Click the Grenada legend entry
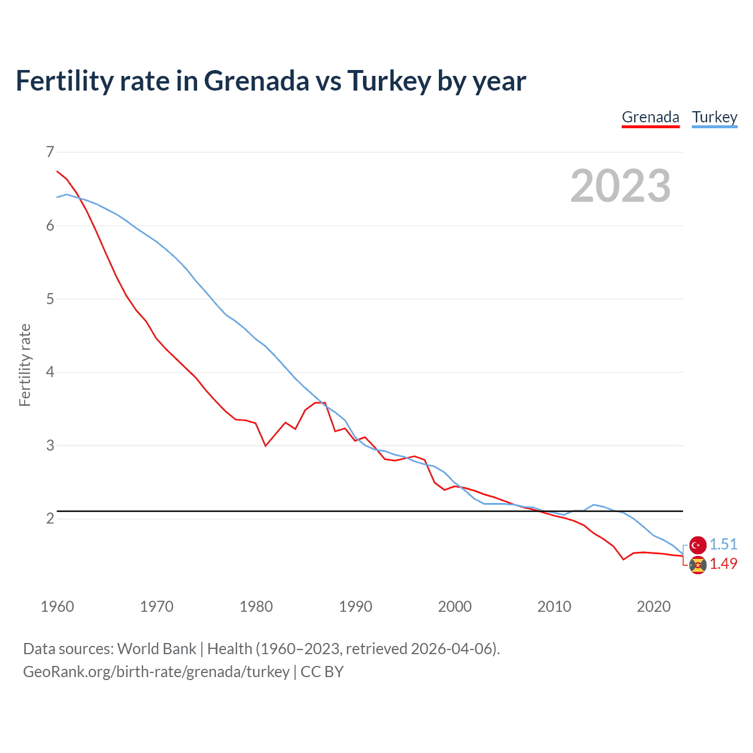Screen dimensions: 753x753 (650, 117)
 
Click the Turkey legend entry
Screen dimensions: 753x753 (714, 117)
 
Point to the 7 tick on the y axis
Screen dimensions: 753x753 (50, 152)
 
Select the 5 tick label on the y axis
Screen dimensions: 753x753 (50, 299)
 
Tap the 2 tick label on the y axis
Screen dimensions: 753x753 (50, 518)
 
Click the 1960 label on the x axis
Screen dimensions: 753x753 (57, 607)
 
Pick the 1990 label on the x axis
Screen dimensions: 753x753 (355, 607)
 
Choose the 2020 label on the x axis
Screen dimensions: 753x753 (654, 607)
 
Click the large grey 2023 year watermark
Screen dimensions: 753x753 (620, 186)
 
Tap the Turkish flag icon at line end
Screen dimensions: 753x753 (698, 545)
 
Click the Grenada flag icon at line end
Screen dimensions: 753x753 (698, 565)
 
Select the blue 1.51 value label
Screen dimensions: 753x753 (723, 544)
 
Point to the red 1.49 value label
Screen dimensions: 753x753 (723, 564)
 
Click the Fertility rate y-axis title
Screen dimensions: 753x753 (25, 365)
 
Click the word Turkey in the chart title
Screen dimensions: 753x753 (389, 81)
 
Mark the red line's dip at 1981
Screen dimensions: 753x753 (265, 446)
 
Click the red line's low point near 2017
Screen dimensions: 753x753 (624, 559)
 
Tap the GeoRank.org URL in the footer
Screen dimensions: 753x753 (156, 672)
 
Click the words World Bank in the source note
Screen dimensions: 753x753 (156, 649)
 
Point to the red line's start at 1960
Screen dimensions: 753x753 (57, 171)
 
